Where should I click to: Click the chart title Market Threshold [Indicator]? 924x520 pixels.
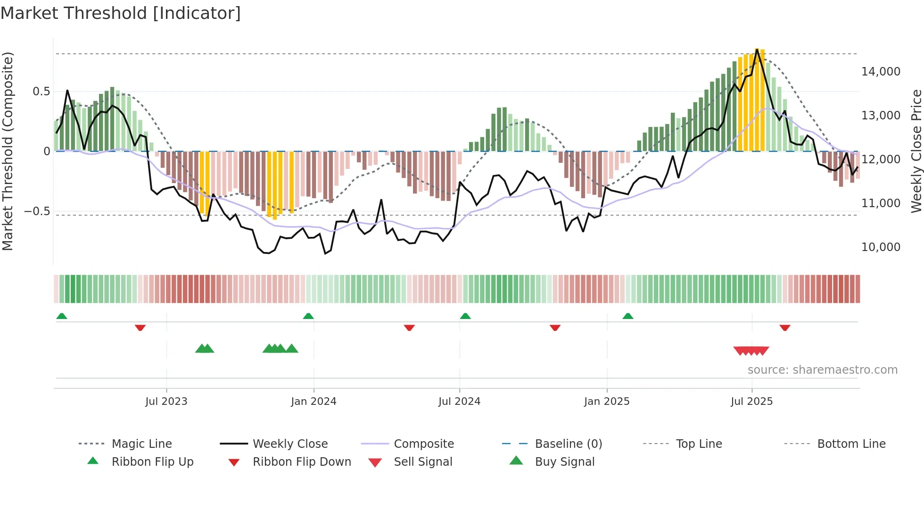pyautogui.click(x=121, y=13)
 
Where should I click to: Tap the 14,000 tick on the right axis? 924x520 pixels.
pyautogui.click(x=881, y=72)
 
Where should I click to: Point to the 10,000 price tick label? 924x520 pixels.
pyautogui.click(x=881, y=247)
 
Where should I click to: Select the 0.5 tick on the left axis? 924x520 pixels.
pyautogui.click(x=41, y=92)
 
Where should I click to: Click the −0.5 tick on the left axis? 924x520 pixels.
pyautogui.click(x=37, y=211)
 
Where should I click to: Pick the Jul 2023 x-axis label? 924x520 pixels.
pyautogui.click(x=166, y=402)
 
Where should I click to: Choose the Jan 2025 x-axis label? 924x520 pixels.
pyautogui.click(x=606, y=402)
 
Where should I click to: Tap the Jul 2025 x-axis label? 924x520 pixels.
pyautogui.click(x=751, y=402)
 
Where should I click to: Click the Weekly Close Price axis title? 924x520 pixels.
pyautogui.click(x=916, y=151)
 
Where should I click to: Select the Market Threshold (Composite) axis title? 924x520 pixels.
pyautogui.click(x=8, y=151)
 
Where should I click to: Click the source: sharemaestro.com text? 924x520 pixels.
pyautogui.click(x=822, y=370)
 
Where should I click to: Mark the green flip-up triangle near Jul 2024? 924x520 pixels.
pyautogui.click(x=465, y=316)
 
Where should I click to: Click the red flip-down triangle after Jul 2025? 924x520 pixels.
pyautogui.click(x=784, y=327)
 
